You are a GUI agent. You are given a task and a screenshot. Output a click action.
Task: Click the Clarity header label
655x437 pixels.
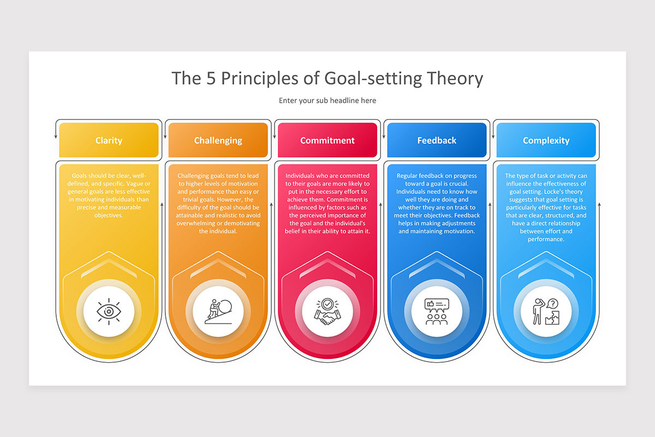tap(109, 140)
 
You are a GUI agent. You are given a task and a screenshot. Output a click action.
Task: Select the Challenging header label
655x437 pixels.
tap(218, 140)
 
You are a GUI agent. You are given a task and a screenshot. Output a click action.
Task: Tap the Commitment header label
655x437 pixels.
tap(327, 140)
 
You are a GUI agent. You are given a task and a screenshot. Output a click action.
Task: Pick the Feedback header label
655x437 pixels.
tap(437, 140)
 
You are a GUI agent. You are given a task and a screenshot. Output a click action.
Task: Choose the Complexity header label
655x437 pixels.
tap(546, 140)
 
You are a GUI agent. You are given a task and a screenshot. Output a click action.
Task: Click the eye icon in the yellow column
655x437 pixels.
tap(109, 311)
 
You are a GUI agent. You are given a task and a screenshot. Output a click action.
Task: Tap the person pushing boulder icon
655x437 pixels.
tap(218, 311)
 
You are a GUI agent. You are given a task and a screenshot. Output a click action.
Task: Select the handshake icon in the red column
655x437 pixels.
tap(327, 311)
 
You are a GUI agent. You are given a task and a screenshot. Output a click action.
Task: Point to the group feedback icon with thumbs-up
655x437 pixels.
tap(437, 311)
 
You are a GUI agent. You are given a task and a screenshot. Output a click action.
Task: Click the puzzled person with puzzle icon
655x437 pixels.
tap(546, 311)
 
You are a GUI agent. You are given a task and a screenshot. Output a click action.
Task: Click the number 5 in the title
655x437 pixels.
tap(211, 79)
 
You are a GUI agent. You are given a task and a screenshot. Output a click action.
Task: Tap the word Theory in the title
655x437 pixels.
tap(455, 79)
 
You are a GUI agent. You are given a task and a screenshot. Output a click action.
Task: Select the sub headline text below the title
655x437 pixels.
tap(327, 101)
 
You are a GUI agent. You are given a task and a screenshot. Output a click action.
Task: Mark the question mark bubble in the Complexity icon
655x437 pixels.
tap(552, 304)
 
